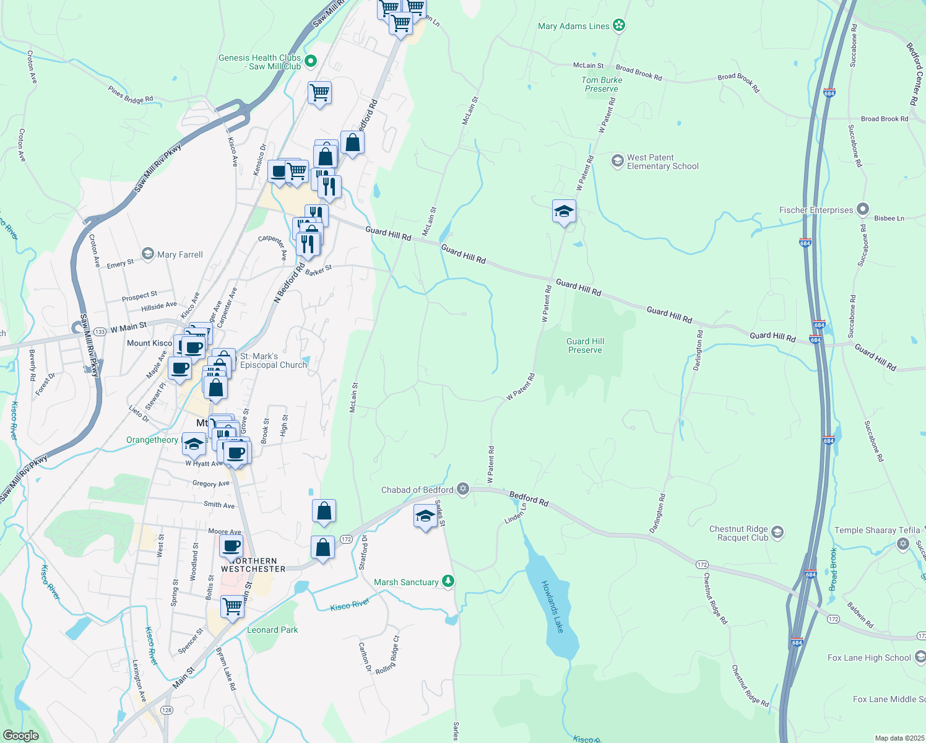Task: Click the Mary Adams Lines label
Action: pyautogui.click(x=573, y=26)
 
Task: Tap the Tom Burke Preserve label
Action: pyautogui.click(x=602, y=84)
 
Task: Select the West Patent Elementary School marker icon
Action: pyautogui.click(x=617, y=161)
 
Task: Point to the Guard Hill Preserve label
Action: pyautogui.click(x=585, y=345)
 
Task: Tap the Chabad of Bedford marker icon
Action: pyautogui.click(x=462, y=489)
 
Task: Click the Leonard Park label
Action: pyautogui.click(x=272, y=630)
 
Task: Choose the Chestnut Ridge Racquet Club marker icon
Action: pyautogui.click(x=778, y=532)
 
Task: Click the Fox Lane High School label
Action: pyautogui.click(x=869, y=658)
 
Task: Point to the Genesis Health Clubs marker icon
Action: pyautogui.click(x=311, y=61)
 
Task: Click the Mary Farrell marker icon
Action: pyautogui.click(x=148, y=254)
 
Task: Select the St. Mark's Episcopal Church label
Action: pyautogui.click(x=274, y=360)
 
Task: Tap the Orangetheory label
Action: pyautogui.click(x=152, y=440)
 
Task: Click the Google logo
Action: pyautogui.click(x=20, y=735)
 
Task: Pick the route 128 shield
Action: pyautogui.click(x=166, y=710)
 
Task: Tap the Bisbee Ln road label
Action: pyautogui.click(x=889, y=218)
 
